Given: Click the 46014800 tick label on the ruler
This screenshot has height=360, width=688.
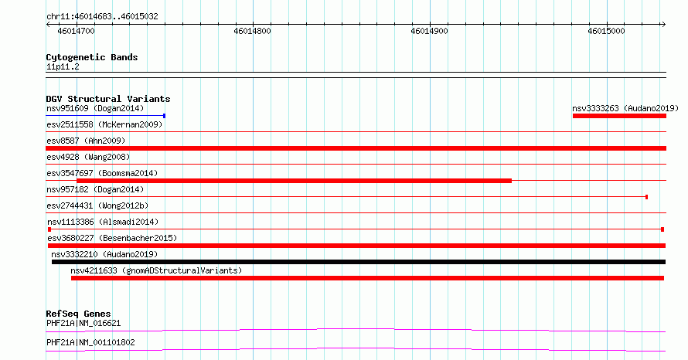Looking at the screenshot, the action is point(252,31).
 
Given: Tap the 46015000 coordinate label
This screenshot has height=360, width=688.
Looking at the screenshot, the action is point(606,31).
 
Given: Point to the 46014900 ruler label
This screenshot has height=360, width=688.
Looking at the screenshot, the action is point(429,31).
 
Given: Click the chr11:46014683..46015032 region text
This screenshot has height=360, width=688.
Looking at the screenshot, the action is point(102,17).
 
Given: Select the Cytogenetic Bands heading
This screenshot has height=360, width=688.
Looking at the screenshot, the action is point(92,57).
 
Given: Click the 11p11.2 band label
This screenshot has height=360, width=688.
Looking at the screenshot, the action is point(63,66).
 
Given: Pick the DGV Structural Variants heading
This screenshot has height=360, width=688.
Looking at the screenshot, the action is point(108,99).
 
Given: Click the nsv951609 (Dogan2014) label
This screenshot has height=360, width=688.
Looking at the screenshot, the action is point(95,108).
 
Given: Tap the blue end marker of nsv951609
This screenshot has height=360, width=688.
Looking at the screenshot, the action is point(164,116).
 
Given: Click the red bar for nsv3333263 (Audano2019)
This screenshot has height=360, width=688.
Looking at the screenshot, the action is point(619,116).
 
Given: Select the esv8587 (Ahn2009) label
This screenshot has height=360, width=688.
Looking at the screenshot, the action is point(86,141).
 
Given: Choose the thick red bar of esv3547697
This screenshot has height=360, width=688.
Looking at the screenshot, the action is point(294,181).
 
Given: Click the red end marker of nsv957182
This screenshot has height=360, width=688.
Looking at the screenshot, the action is point(646,197).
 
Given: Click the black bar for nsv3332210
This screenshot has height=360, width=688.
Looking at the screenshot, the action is point(359,262).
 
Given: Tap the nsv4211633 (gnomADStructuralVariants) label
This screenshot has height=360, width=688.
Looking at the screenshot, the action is point(156,270).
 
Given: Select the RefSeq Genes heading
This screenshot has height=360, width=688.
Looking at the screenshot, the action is point(78,314).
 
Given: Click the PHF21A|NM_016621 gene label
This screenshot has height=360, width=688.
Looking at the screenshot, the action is point(83,323).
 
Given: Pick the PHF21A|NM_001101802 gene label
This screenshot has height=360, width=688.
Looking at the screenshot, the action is point(90,342).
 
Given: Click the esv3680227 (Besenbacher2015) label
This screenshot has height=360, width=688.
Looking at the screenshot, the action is point(112,238).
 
